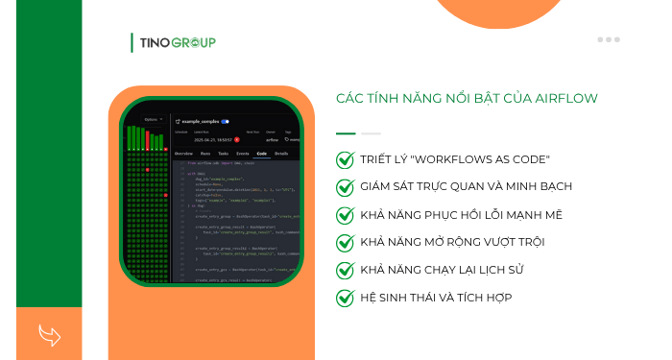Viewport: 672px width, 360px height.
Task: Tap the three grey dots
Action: point(609,40)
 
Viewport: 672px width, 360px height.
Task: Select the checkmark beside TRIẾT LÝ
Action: point(345,159)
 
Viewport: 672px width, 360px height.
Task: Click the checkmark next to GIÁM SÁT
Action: point(345,186)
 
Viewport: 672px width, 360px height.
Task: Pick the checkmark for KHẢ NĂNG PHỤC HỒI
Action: point(345,214)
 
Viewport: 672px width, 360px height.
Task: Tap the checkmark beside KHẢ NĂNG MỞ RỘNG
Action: point(345,242)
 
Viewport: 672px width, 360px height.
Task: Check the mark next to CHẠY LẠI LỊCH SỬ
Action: point(345,270)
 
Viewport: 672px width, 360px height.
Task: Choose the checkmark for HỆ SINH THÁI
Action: point(345,298)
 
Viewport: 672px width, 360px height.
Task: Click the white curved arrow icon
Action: point(49,334)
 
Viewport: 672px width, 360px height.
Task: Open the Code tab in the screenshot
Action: point(260,154)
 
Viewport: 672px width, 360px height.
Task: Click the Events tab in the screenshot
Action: point(242,154)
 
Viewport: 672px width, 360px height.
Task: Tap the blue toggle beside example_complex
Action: point(225,122)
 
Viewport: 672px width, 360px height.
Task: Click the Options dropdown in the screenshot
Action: point(153,120)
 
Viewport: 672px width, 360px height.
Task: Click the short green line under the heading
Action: point(346,133)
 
